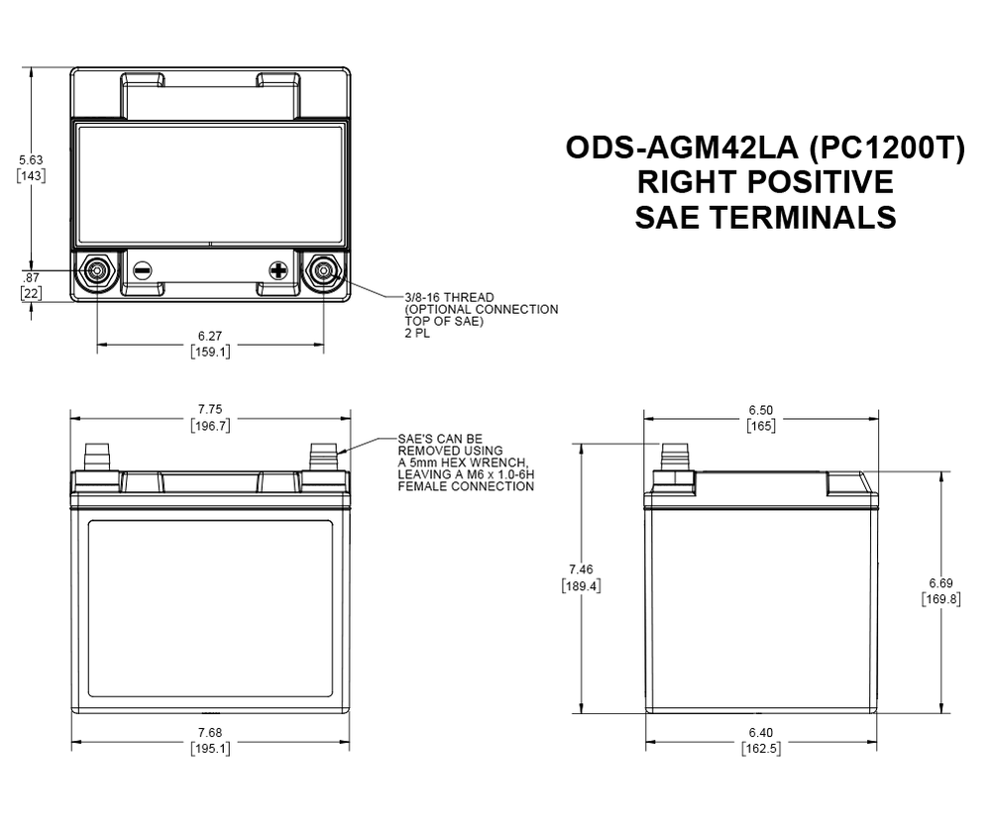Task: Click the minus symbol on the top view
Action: [142, 269]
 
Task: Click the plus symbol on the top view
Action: [278, 269]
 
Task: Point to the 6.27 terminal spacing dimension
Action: [210, 336]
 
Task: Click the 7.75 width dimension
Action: [209, 410]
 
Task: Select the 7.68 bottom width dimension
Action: [209, 733]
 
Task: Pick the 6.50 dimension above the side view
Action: [760, 410]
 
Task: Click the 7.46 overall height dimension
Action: [581, 568]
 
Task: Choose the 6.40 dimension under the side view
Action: [760, 733]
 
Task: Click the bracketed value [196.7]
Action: [209, 426]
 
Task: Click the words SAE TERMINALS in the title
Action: [765, 217]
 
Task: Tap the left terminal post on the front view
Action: [97, 457]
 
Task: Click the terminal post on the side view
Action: [675, 459]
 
